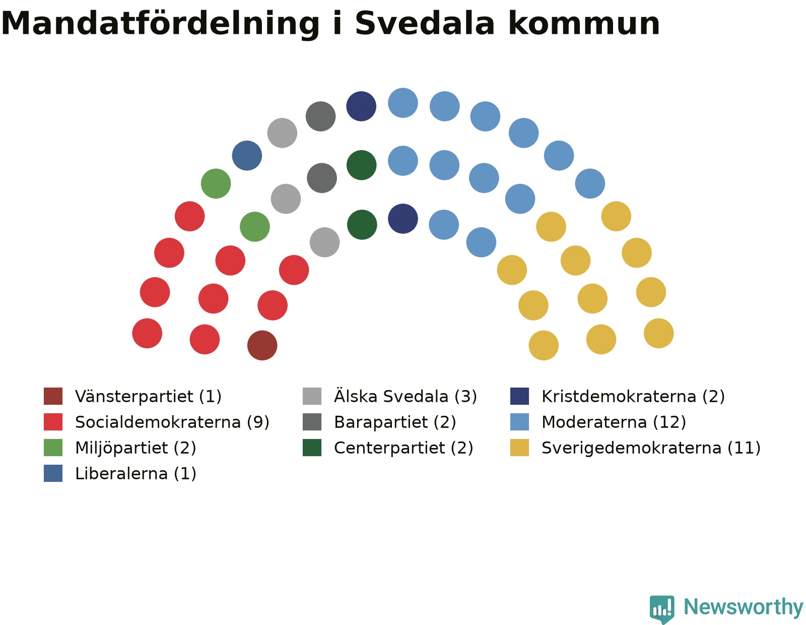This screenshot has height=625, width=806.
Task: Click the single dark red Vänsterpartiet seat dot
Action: [262, 345]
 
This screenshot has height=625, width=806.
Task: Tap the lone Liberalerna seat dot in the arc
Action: [247, 156]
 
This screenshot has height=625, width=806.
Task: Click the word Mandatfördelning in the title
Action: [160, 24]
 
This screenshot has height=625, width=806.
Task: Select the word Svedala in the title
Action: [425, 23]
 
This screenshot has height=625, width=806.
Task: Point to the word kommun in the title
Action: [584, 24]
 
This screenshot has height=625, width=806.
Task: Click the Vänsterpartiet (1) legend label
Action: [149, 396]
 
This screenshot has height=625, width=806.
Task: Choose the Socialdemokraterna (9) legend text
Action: [172, 422]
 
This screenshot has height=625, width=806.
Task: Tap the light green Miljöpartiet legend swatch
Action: [53, 448]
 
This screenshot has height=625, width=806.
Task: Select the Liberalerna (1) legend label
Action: [136, 473]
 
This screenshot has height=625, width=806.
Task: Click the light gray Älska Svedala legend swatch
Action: [312, 396]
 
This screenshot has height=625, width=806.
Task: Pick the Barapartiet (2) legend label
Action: [395, 422]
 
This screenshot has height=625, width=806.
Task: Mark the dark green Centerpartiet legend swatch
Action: [312, 448]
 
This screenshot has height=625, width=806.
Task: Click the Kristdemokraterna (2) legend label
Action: [633, 396]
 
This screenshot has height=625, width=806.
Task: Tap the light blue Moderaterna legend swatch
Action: [519, 422]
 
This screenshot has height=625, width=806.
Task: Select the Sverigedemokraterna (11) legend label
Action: [651, 448]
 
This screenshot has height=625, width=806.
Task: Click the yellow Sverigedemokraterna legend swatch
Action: [519, 448]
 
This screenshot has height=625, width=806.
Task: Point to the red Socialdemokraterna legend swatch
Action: [53, 422]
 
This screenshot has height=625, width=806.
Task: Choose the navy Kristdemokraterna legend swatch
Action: [519, 396]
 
